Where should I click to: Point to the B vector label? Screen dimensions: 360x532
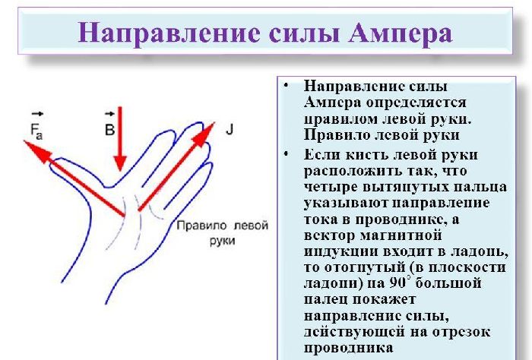click(x=109, y=128)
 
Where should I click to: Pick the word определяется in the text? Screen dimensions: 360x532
click(x=426, y=101)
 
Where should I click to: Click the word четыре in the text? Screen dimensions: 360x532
click(x=327, y=186)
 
